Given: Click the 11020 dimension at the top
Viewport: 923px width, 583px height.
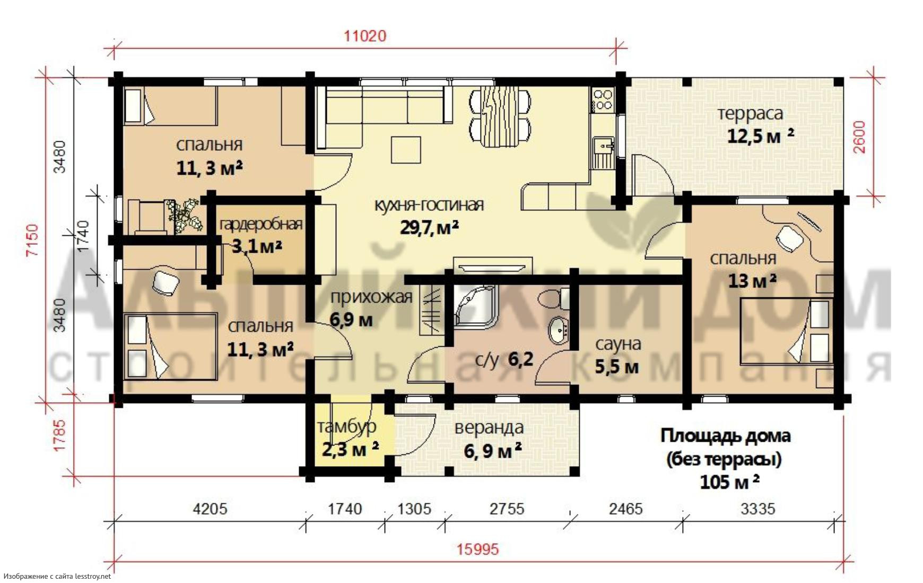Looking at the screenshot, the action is pos(365,36).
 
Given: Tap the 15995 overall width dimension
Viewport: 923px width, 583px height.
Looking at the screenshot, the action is pos(478,549).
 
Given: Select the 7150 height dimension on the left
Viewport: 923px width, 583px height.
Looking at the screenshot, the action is pos(32,240).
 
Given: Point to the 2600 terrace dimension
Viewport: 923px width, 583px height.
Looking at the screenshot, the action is pos(859,137).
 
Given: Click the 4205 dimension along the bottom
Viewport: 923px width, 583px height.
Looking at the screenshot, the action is pos(210,509).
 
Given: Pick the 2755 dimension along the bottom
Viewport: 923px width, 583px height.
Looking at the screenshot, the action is pos(507,509).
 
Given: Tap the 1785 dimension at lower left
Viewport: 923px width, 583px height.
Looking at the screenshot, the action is pos(59,435).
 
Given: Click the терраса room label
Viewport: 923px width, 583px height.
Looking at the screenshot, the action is pos(750,114).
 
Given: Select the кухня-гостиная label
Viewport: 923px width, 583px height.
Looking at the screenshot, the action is pos(429,205).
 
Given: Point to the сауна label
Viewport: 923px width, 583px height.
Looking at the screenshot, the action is pos(618,344).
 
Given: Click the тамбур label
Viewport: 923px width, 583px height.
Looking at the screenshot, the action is pos(347,426).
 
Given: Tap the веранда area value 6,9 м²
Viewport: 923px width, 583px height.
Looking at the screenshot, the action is pos(493,451).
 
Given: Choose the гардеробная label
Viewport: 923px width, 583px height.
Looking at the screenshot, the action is pos(261,225).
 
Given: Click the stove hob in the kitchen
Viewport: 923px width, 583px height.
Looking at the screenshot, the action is pos(602,99).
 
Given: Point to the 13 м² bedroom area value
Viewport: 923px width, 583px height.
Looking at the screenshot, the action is pos(752,280).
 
